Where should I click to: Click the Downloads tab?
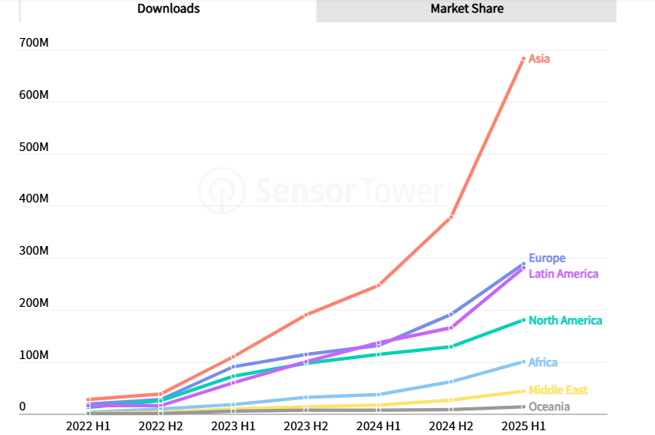[168, 9]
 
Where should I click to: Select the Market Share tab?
[467, 9]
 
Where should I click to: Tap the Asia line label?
[539, 59]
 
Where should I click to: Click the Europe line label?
[547, 259]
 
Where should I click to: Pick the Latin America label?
[563, 274]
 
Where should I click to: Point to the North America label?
[565, 320]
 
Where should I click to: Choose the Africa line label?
[543, 362]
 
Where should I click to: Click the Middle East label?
[558, 390]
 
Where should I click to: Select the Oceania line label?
[549, 407]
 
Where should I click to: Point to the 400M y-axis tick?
[34, 199]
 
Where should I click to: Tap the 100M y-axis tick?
[34, 356]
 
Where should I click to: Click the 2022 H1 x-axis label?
[88, 426]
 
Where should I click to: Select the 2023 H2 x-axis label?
[306, 426]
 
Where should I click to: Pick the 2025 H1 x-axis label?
[524, 426]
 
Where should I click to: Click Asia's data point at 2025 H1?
[524, 59]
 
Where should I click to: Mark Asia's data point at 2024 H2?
[451, 217]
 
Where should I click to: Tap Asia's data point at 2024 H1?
[379, 285]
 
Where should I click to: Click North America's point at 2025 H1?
[524, 320]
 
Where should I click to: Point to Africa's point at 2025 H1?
[524, 362]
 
